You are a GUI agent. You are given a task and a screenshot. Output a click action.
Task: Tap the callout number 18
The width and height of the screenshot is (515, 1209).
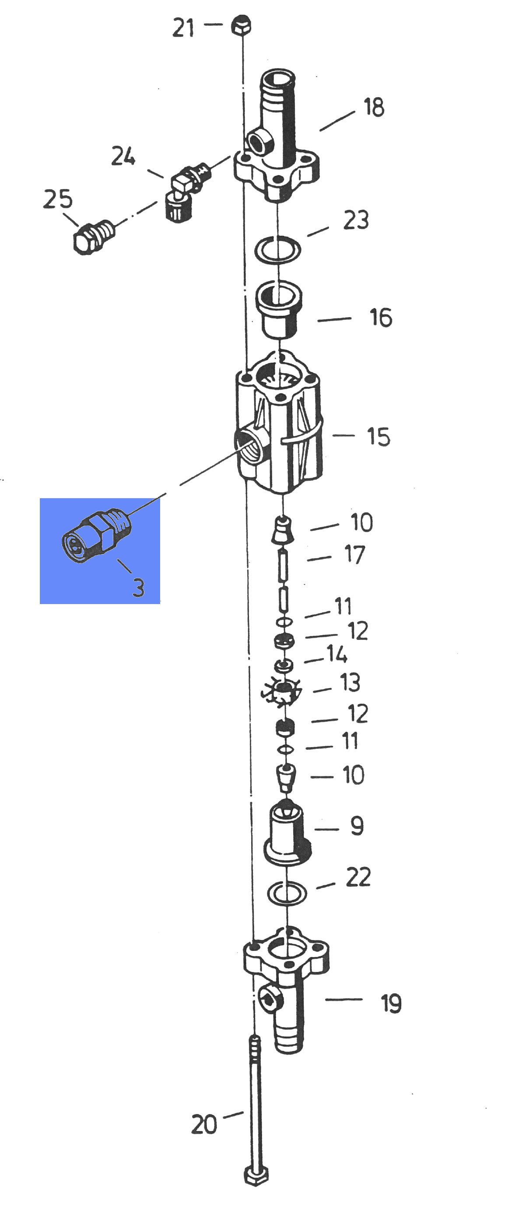(x=374, y=107)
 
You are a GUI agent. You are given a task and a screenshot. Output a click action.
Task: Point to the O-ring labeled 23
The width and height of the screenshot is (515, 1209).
(x=278, y=249)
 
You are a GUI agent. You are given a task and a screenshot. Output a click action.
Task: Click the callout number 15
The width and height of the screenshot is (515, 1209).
(x=378, y=437)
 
